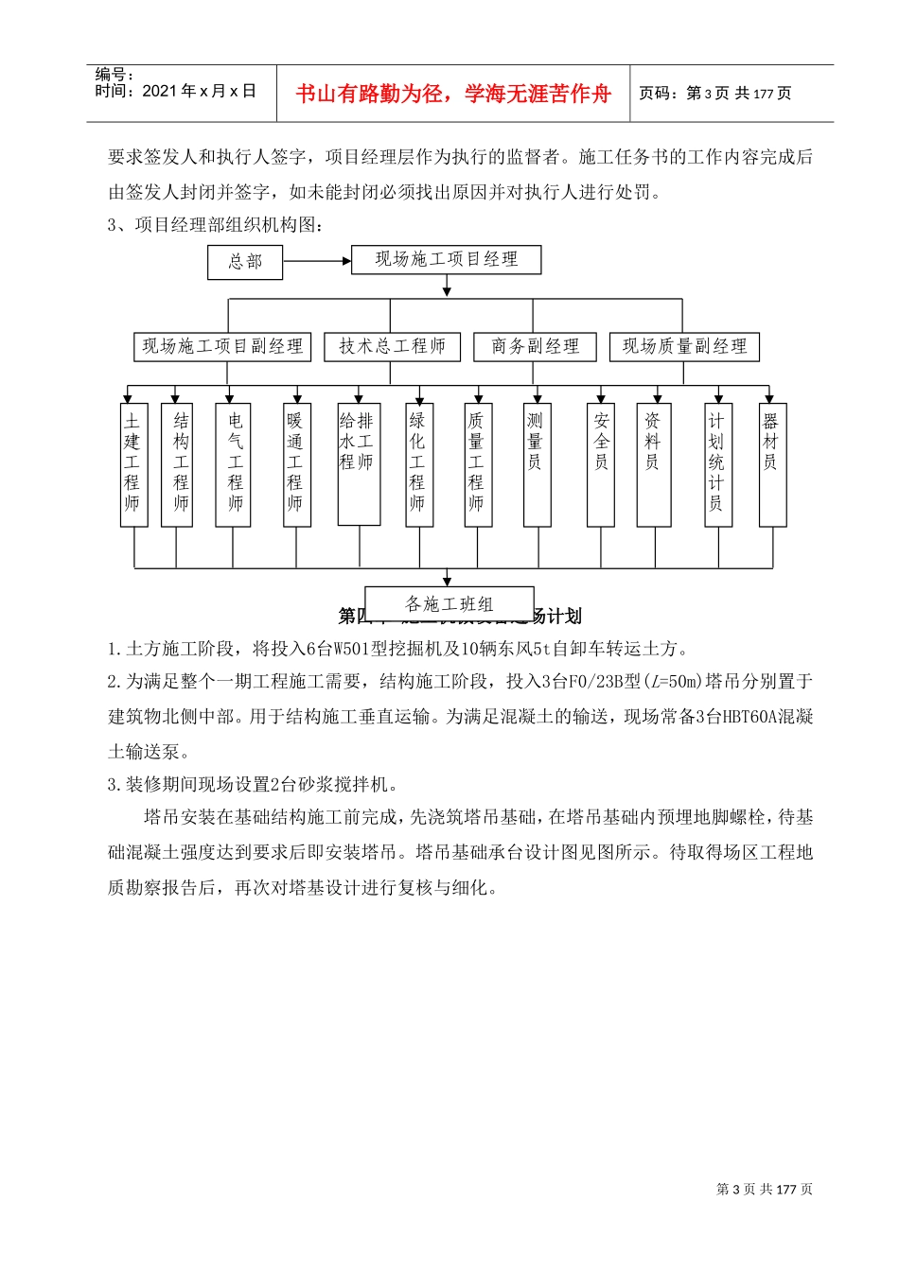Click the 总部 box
point(245,262)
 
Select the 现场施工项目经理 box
point(446,260)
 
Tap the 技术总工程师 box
point(392,347)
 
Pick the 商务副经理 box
point(535,347)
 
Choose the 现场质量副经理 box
point(684,347)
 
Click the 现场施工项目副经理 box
point(222,347)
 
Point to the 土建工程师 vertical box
point(132,464)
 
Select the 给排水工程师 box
point(358,464)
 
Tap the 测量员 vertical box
point(537,464)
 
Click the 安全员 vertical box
point(601,464)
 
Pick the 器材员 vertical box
point(771,464)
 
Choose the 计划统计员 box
point(717,464)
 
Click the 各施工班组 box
point(449,603)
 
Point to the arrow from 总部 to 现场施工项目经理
point(316,262)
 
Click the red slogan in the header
point(453,94)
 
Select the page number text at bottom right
point(764,1189)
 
